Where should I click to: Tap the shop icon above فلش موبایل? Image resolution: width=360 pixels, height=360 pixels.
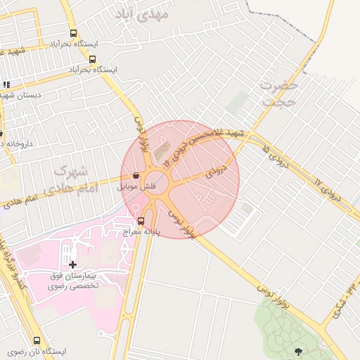coord(135,176)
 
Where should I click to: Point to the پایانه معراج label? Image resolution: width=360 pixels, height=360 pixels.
coord(164,230)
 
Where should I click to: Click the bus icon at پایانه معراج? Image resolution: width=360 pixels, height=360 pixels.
coord(141,221)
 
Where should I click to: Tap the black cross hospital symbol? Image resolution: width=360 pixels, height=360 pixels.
coord(72,264)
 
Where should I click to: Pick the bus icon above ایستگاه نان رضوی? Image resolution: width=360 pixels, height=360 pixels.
coord(37,340)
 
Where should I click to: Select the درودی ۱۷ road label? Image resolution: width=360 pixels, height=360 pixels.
coord(328,190)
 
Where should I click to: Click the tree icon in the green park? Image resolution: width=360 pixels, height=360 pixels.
coord(298,350)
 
